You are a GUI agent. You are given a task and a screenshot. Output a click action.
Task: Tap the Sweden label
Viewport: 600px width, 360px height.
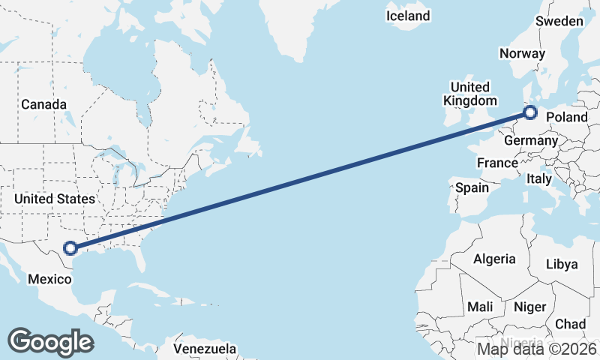[x=559, y=21]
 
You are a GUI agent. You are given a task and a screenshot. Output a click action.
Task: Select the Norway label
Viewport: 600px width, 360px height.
[x=523, y=53]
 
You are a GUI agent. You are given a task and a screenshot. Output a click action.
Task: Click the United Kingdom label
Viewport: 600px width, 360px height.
[x=469, y=94]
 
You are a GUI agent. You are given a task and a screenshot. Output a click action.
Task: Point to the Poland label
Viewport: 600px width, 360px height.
[x=567, y=117]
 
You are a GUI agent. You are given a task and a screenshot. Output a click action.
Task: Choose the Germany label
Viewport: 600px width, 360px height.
[x=531, y=140]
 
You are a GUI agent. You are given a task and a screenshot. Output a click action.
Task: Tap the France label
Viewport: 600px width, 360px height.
[x=497, y=163]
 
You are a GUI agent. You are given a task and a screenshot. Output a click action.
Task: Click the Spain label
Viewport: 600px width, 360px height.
[x=472, y=187]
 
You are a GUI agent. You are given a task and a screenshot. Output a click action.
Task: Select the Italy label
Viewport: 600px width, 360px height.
[x=538, y=179]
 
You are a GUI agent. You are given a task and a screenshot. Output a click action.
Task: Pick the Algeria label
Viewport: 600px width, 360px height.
[x=494, y=259]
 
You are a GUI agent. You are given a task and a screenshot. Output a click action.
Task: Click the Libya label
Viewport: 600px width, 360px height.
[x=562, y=264]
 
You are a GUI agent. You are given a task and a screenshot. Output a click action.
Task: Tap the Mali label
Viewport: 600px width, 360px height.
[x=480, y=307]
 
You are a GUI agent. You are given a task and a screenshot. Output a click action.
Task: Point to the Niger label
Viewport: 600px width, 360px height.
[x=529, y=307]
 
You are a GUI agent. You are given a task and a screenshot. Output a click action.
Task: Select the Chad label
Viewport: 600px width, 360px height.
[x=571, y=324]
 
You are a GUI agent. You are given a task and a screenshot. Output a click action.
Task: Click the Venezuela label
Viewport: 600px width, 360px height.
[x=205, y=349]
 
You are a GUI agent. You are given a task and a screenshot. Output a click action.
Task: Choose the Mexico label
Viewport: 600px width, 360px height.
[x=49, y=279]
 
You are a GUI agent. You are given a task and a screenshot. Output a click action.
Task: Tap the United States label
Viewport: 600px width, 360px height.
[x=55, y=199]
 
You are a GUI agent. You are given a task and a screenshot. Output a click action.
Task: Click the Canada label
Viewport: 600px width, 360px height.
[x=43, y=104]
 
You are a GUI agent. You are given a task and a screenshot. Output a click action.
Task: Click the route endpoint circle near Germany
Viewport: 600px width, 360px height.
[x=530, y=113]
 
